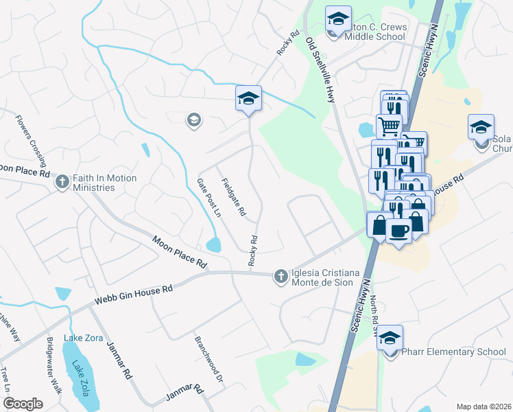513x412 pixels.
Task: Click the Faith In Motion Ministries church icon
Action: click(x=62, y=182)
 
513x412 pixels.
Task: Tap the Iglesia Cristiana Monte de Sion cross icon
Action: click(x=280, y=276)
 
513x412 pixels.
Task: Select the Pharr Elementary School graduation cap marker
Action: click(x=390, y=339)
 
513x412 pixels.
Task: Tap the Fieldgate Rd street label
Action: click(x=233, y=198)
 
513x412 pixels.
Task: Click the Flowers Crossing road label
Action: click(x=32, y=142)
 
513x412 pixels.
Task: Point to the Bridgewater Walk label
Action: click(x=54, y=365)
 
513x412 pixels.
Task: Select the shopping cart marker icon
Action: click(x=389, y=126)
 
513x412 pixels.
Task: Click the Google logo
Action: click(x=23, y=404)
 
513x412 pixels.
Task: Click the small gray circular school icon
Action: click(x=193, y=121)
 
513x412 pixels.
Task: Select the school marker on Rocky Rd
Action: click(x=248, y=98)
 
